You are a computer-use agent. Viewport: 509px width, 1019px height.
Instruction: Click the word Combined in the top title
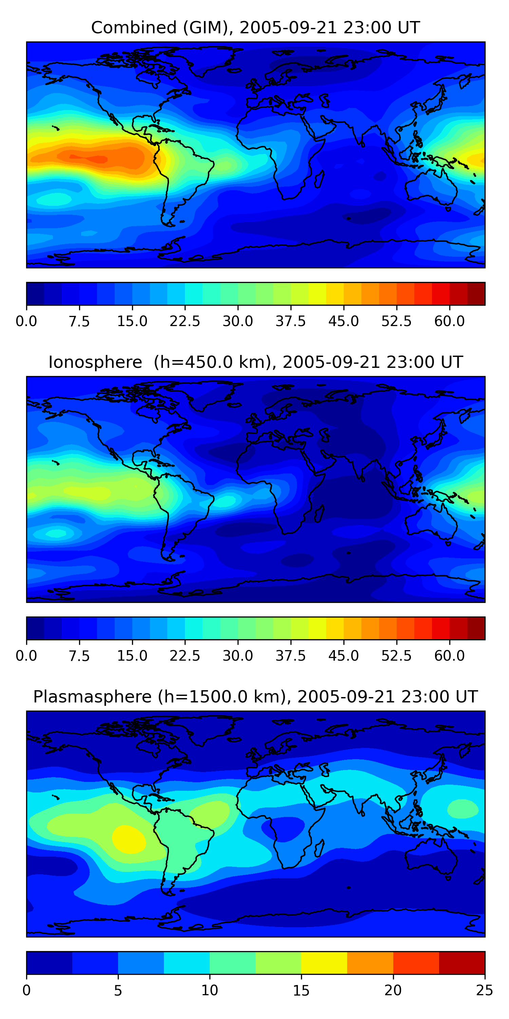pyautogui.click(x=134, y=28)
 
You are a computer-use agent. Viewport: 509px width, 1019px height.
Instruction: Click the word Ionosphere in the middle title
pyautogui.click(x=95, y=362)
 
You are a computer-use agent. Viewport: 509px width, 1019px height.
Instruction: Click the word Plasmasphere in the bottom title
pyautogui.click(x=92, y=697)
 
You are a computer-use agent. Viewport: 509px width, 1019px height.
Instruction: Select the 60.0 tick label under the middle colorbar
pyautogui.click(x=449, y=656)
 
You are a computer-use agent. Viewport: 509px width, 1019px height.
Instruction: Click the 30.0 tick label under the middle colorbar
pyautogui.click(x=238, y=656)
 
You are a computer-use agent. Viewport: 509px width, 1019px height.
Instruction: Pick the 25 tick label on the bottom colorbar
pyautogui.click(x=485, y=990)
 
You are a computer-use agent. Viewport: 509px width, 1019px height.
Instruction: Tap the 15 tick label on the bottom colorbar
pyautogui.click(x=301, y=990)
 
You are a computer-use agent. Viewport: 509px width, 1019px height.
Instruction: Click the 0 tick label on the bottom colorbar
pyautogui.click(x=26, y=990)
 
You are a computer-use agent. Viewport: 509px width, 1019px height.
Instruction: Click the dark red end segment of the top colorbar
pyautogui.click(x=476, y=294)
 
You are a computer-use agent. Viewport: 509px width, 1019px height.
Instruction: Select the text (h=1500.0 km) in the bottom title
pyautogui.click(x=221, y=697)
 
